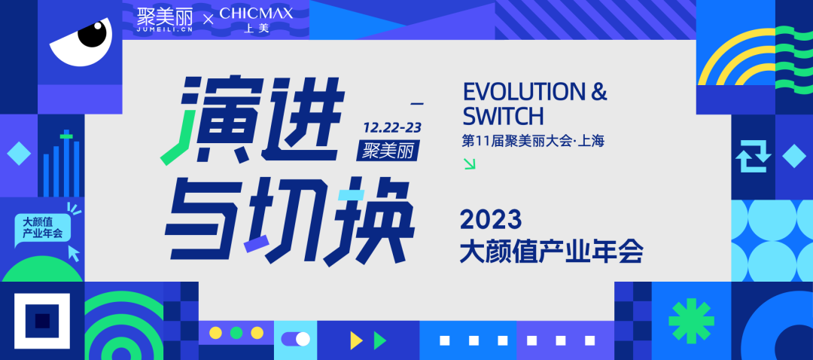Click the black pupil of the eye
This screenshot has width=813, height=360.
[x=92, y=33]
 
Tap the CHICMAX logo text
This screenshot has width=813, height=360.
[x=256, y=14]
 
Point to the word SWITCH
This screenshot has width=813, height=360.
[x=503, y=116]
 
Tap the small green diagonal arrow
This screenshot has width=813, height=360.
[x=469, y=164]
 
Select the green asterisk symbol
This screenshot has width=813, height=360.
[x=691, y=321]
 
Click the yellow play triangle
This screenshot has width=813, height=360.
[x=356, y=340]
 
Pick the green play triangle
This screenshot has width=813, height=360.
[x=380, y=340]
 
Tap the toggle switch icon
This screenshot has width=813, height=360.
[x=296, y=339]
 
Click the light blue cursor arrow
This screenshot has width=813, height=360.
[x=75, y=254]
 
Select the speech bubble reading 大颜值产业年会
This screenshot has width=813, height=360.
[x=42, y=228]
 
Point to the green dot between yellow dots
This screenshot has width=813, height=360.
[x=236, y=332]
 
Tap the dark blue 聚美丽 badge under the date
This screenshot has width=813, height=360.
[x=387, y=151]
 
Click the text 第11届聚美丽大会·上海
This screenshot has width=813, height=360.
[x=533, y=141]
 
